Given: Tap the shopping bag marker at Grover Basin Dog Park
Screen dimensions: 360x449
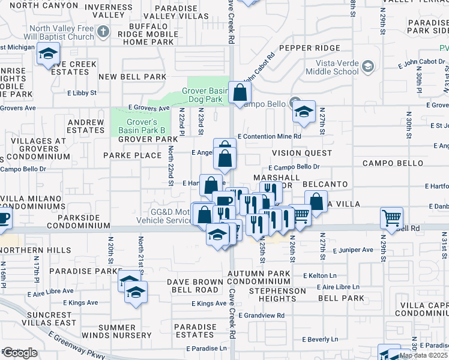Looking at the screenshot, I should tap(240, 92).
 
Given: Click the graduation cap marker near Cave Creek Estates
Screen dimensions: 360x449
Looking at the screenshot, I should tap(47, 55).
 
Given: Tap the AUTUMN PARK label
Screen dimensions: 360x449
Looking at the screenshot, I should tap(259, 274).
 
